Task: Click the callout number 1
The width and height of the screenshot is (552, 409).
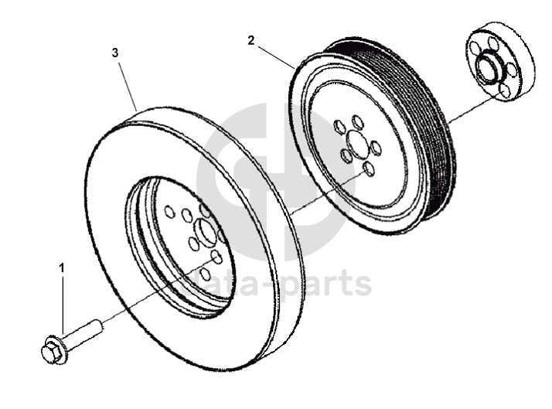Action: coord(63,268)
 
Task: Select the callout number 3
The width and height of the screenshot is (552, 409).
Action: coord(115,53)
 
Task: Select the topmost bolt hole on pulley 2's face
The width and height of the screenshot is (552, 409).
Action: coord(357,121)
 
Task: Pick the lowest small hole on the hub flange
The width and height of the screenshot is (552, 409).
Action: coord(505,91)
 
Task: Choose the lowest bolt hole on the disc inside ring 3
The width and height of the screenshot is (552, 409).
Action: coord(205,273)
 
